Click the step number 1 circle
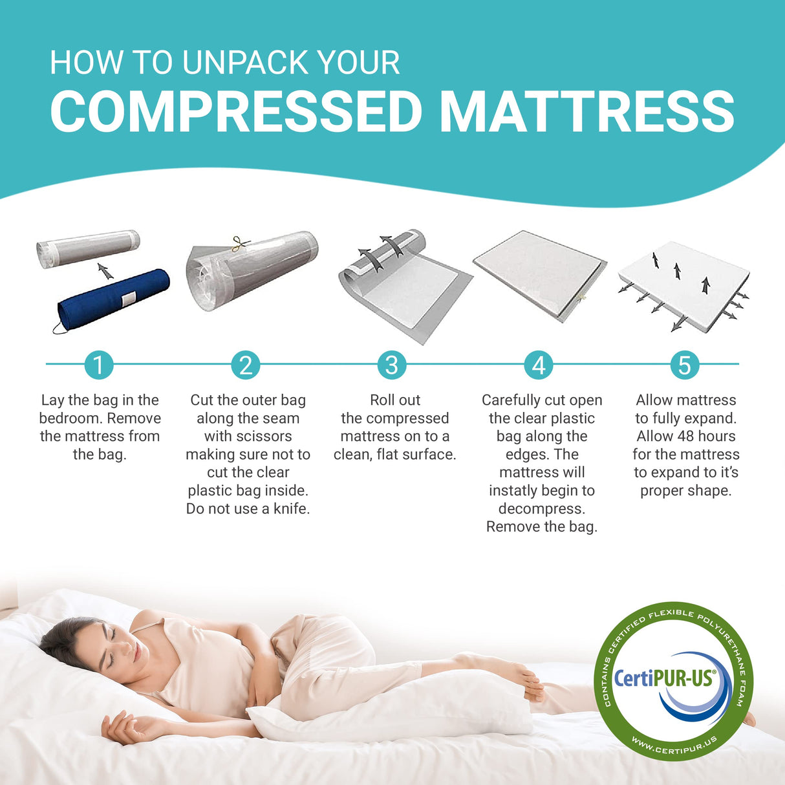[x=98, y=365]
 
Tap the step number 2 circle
[x=246, y=365]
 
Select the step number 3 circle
[x=392, y=365]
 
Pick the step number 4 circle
[x=539, y=365]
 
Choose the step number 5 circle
[x=685, y=365]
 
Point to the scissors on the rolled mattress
[x=241, y=244]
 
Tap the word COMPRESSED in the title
[x=237, y=111]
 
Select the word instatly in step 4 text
[x=515, y=491]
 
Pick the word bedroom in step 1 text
[x=69, y=418]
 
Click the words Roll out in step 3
[x=395, y=400]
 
